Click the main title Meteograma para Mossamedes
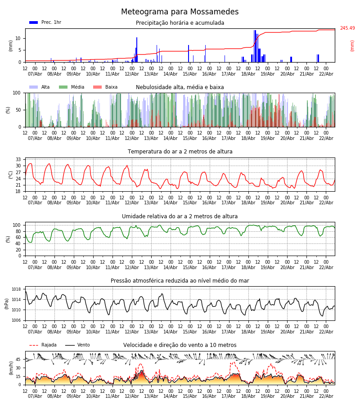pos(180,12)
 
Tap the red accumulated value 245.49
pos(347,28)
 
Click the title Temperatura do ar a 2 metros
pos(180,152)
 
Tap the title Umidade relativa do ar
pos(180,216)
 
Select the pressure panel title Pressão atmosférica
pos(180,281)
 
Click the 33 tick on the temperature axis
pos(18,160)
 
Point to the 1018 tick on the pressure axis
pos(16,289)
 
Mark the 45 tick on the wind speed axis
pos(18,360)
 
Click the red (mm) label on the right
pos(352,45)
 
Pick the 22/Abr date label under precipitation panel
pos(326,74)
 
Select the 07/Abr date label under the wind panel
pos(35,396)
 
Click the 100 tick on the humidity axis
pos(17,225)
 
